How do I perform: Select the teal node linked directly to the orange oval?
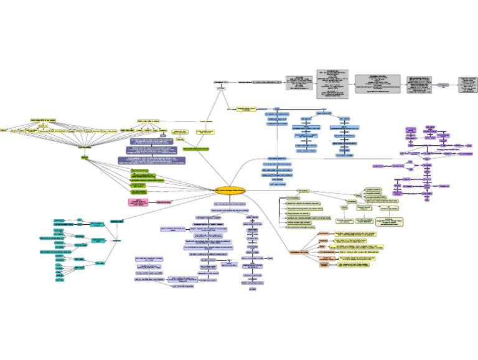pyautogui.click(x=116, y=221)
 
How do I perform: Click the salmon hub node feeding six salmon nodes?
pyautogui.click(x=305, y=252)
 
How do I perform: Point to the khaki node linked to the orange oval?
pyautogui.click(x=304, y=191)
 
